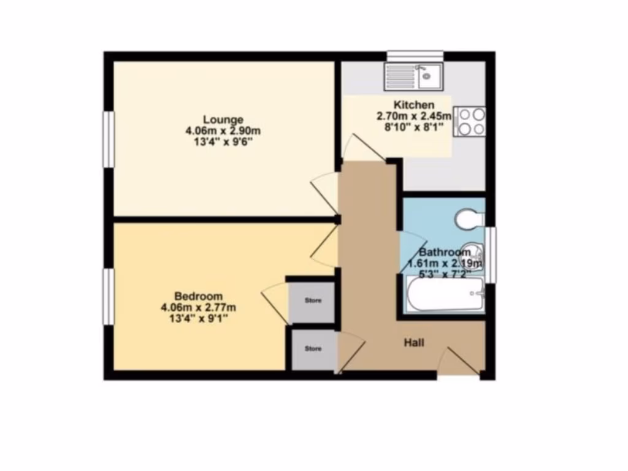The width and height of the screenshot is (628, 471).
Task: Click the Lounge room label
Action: click(223, 119)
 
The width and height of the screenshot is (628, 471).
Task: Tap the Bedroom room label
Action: click(198, 296)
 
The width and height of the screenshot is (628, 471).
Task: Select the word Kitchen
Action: click(414, 105)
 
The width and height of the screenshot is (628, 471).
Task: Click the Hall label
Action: click(414, 342)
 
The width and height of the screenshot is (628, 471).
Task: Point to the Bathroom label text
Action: click(445, 252)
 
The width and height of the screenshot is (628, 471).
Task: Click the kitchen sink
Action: click(415, 77)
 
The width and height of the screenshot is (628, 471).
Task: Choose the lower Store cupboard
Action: click(313, 350)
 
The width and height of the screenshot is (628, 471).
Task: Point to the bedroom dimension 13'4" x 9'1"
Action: click(198, 318)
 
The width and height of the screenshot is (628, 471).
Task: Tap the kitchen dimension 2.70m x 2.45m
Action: click(414, 116)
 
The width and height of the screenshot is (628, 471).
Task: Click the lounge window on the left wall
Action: click(108, 139)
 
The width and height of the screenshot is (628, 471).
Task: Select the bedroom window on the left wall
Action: click(108, 297)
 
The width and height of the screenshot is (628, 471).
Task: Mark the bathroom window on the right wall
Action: click(491, 255)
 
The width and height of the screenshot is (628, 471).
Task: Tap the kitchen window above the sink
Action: click(415, 56)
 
